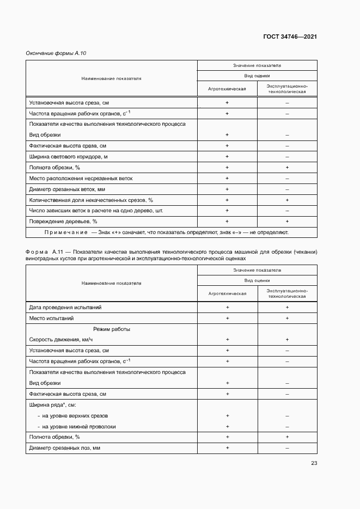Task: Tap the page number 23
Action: (314, 463)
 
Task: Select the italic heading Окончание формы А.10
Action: (56, 53)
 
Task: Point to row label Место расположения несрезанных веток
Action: (81, 178)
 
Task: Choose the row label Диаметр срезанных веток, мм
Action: (66, 189)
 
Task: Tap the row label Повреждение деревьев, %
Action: (63, 222)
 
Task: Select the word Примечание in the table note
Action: (66, 232)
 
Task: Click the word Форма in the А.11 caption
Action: (37, 253)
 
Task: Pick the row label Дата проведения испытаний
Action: (65, 307)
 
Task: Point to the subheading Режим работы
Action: (111, 329)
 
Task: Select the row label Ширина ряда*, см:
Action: (52, 405)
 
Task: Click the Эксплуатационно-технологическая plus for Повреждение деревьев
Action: (287, 222)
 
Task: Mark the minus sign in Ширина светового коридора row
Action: (287, 157)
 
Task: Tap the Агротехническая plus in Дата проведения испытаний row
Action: (227, 307)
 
